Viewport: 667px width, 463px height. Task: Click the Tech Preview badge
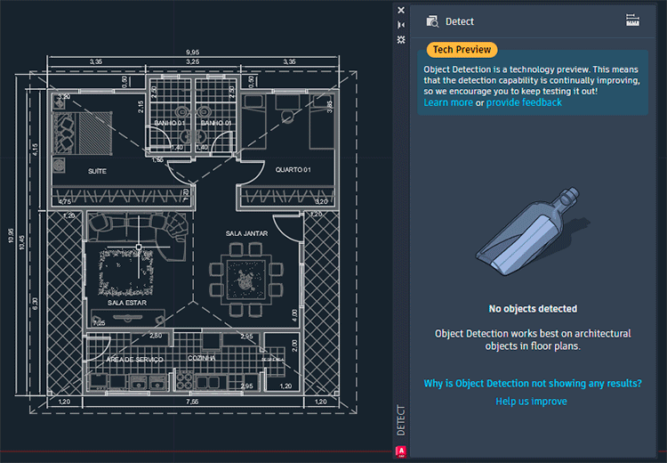[x=462, y=50]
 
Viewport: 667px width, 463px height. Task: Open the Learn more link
[x=448, y=102]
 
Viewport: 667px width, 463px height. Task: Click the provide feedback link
[x=524, y=102]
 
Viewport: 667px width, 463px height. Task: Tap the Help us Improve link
[x=531, y=402]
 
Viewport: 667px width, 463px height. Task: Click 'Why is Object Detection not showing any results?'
[x=532, y=384]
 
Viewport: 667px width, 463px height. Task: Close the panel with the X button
[x=401, y=11]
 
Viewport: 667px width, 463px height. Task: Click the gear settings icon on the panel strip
[x=401, y=40]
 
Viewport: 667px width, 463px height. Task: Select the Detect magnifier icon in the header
[x=432, y=21]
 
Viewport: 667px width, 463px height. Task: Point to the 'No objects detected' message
[x=533, y=309]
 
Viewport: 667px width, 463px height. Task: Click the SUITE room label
[x=98, y=170]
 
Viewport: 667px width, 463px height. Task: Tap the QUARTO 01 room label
[x=292, y=170]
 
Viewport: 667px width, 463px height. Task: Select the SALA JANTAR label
[x=246, y=233]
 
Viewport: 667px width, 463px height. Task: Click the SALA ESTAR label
[x=127, y=303]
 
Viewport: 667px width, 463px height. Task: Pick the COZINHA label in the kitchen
[x=203, y=358]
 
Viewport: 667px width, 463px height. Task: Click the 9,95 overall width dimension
[x=192, y=53]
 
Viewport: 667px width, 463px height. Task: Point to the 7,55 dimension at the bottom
[x=192, y=402]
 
